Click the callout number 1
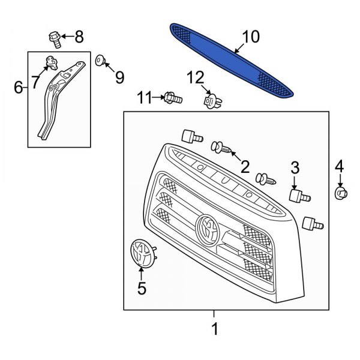215,328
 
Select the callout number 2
245,165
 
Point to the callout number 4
340,166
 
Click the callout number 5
142,288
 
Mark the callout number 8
79,38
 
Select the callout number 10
251,37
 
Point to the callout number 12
195,77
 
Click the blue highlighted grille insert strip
231,60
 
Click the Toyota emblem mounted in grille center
208,228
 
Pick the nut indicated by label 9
100,59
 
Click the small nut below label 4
340,193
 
